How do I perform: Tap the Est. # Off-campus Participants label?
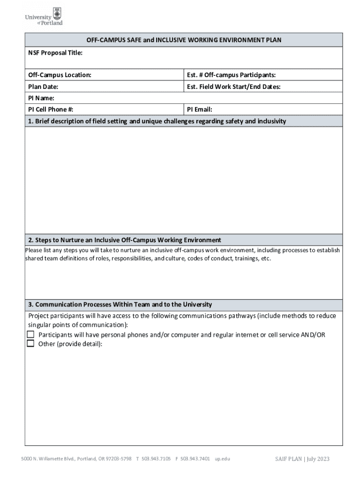(x=231, y=75)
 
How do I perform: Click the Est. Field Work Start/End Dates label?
(x=233, y=87)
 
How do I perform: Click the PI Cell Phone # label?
(x=50, y=109)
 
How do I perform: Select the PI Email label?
(x=200, y=109)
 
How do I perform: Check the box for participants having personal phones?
(x=31, y=334)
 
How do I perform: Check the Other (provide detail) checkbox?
(x=31, y=343)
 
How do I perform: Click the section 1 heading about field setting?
(x=157, y=121)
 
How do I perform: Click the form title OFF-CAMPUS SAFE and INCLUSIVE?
(x=183, y=40)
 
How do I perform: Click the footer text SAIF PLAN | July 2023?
(x=302, y=458)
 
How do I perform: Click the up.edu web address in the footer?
(x=222, y=458)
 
